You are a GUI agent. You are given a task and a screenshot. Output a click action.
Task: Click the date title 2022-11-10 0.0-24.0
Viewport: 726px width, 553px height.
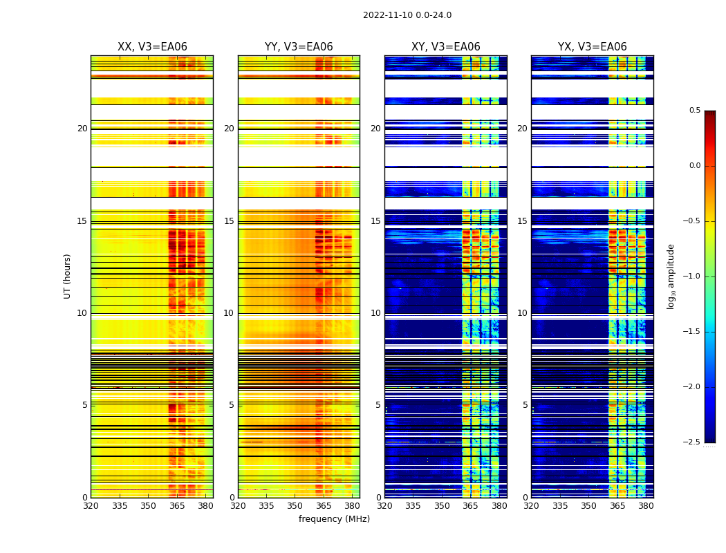407,15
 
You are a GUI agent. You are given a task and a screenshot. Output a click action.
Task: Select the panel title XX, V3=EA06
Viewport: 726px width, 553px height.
152,47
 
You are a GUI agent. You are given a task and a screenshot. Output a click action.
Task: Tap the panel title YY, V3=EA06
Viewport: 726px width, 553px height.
299,47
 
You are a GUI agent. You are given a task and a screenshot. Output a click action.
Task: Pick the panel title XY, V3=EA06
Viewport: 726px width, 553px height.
445,47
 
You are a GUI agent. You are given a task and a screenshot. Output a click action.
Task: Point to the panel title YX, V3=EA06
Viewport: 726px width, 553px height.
592,47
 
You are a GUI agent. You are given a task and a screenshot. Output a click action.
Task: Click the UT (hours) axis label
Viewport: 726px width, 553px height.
67,276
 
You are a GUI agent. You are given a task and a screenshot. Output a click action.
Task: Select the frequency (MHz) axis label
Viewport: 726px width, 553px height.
334,519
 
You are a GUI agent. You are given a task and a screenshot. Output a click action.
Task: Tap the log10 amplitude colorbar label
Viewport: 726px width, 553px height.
670,276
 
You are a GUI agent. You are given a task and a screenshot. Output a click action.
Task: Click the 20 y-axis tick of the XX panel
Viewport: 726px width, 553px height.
82,129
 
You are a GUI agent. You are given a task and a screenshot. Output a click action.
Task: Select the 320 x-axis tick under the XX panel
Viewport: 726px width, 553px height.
91,506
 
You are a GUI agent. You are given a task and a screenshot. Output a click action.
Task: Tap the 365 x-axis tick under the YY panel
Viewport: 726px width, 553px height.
324,506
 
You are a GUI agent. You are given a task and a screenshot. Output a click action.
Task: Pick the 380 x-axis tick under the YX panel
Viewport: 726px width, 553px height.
646,506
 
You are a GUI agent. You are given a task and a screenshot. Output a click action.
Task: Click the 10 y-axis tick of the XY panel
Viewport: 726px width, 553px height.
375,313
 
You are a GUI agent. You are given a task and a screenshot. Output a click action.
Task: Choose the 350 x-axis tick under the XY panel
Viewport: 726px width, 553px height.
442,506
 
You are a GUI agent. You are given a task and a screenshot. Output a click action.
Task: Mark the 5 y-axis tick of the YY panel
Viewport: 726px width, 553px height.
232,405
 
